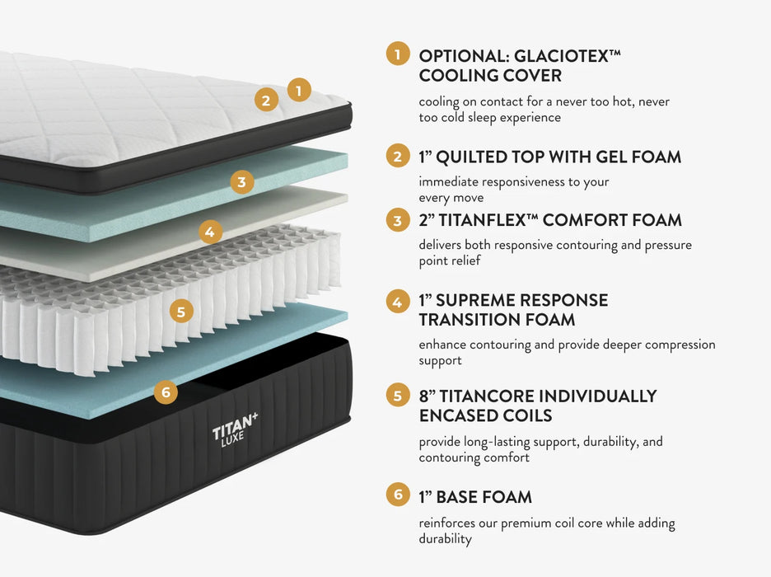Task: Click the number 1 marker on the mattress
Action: point(299,90)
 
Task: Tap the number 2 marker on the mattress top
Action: point(265,101)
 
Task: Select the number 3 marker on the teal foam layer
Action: point(241,182)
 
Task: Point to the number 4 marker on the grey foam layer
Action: point(209,232)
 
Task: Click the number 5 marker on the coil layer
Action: point(181,312)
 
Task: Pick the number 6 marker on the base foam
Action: point(166,392)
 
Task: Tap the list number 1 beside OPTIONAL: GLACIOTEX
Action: point(398,54)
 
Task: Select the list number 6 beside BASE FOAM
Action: point(398,495)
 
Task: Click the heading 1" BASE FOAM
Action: point(474,497)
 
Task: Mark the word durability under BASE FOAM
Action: point(446,539)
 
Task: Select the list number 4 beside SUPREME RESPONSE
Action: point(398,301)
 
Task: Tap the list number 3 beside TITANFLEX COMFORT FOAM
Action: point(398,220)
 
